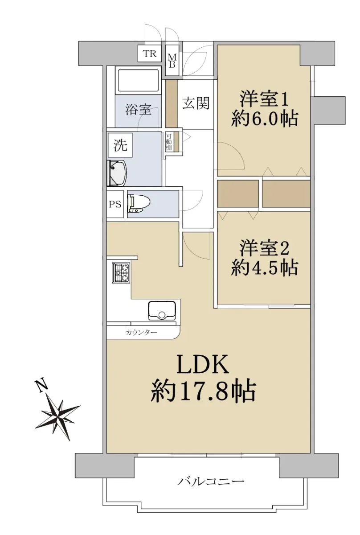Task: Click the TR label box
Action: coord(150,53)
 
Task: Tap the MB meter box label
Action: coord(172,61)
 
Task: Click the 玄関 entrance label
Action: coord(196,103)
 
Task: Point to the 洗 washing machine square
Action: coord(120,145)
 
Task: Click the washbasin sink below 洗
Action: coord(117,173)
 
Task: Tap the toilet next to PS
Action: coord(139,203)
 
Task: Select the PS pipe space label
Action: coord(115,204)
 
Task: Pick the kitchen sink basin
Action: coord(162,310)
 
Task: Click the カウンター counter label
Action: coord(141,332)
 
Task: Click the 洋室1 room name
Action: coord(265,99)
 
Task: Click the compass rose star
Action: coord(57,419)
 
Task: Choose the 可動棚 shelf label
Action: coord(169,142)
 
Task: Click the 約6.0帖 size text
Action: coord(265,119)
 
